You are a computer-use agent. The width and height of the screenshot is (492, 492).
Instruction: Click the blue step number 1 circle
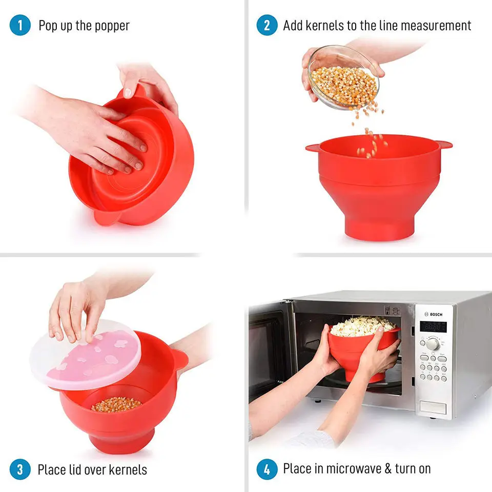[x=20, y=26]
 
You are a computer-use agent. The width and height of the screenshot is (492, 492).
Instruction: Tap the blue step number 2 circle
[x=267, y=26]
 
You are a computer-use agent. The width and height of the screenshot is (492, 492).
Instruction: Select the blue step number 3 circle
[x=20, y=469]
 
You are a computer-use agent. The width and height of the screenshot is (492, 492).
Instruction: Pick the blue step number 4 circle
[x=267, y=469]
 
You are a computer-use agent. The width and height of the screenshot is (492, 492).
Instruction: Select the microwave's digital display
[x=433, y=326]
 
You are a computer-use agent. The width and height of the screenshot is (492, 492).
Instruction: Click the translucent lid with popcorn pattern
[x=85, y=354]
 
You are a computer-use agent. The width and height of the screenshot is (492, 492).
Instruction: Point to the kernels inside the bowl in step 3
[x=116, y=404]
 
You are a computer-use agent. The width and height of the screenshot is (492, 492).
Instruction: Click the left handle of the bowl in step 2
[x=313, y=148]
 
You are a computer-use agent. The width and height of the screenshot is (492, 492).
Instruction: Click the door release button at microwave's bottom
[x=433, y=407]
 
